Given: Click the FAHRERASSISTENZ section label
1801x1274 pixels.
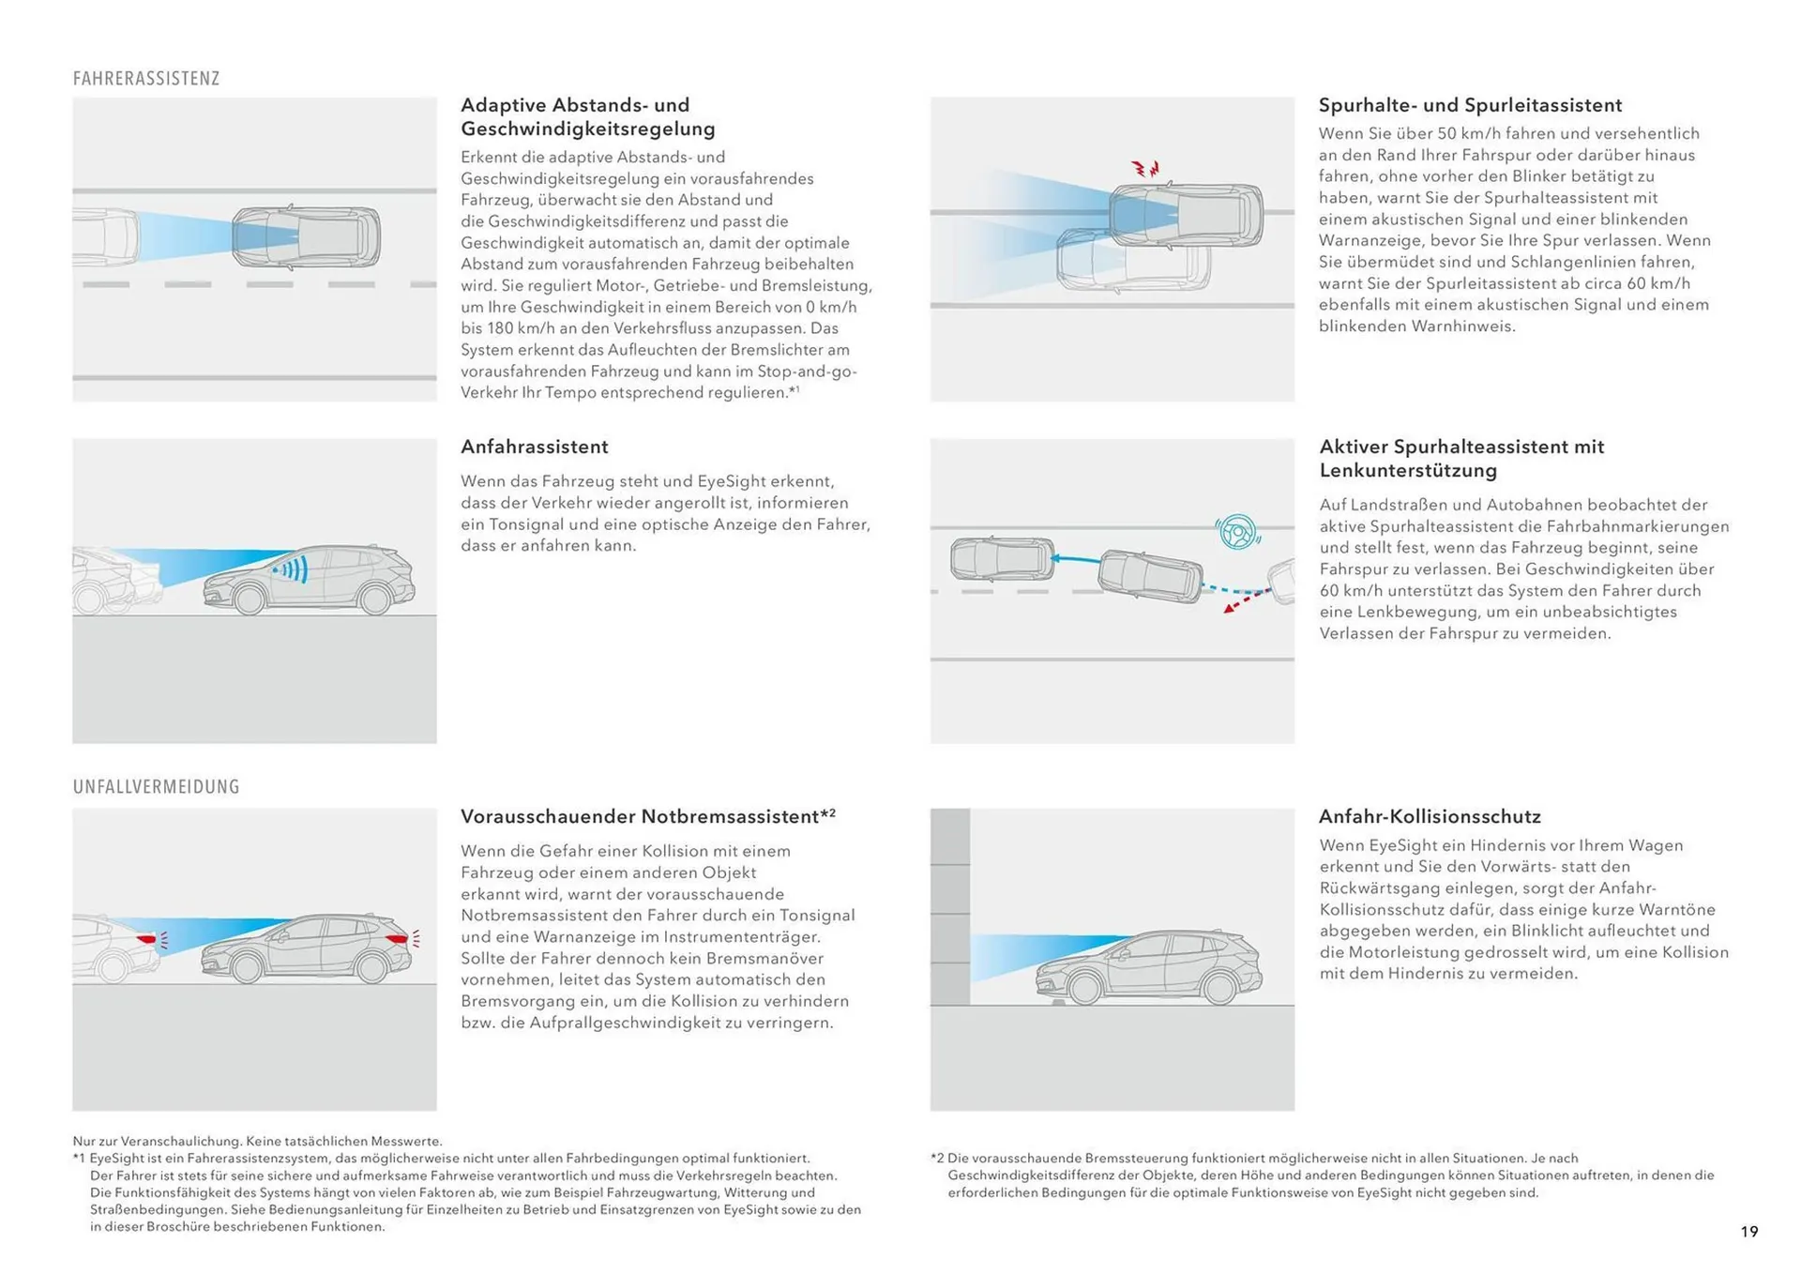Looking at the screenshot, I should click(146, 79).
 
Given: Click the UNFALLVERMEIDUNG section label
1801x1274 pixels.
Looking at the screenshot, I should click(156, 787).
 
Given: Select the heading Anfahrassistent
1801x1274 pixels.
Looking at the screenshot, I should click(534, 447).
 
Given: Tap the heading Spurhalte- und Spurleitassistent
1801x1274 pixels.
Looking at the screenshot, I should click(1469, 105).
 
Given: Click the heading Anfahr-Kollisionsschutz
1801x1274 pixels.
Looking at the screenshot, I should click(1429, 816).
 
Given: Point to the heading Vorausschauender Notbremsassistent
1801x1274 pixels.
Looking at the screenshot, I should click(640, 816).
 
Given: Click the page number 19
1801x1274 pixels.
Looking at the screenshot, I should click(1748, 1232).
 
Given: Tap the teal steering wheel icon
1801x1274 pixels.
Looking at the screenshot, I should click(1237, 532).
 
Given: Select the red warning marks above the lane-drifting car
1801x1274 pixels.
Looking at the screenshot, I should click(1145, 169).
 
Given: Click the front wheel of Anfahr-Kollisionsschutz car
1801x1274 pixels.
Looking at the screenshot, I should click(1084, 988).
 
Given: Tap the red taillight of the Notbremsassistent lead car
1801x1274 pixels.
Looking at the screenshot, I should click(147, 938).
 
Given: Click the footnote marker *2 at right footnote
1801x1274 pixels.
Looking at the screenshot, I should click(937, 1159).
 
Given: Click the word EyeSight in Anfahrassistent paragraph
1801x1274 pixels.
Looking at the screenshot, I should click(731, 481).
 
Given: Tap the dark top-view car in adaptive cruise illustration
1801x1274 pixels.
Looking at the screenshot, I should click(307, 236).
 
